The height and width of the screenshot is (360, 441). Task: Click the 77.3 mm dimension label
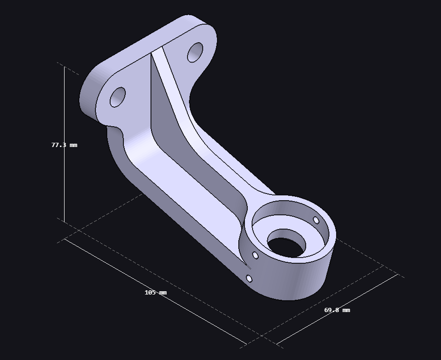(65, 145)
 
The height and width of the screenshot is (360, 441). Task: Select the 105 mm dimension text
(156, 293)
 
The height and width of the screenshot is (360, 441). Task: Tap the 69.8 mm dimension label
(337, 310)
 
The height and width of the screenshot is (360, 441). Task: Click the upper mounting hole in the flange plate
(195, 52)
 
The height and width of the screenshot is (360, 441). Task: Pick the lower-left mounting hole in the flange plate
(118, 97)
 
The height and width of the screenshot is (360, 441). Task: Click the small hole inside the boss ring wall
(316, 220)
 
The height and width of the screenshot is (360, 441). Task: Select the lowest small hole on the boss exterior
(249, 279)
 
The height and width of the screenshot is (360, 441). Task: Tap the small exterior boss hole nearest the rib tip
(255, 255)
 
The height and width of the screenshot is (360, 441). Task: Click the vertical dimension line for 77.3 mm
(65, 145)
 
